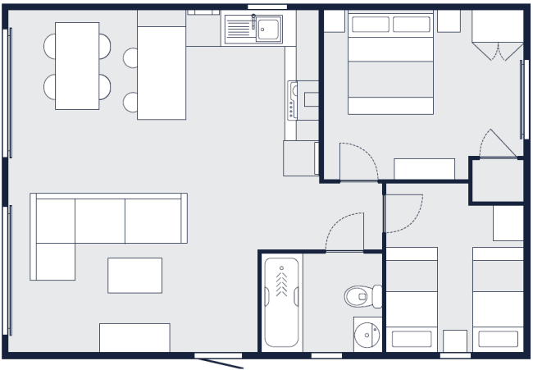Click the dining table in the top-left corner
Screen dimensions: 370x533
coord(77,66)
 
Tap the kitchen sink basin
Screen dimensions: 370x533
coord(268,31)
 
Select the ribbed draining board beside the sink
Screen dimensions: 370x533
coord(239,30)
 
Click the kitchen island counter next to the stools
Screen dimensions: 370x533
coord(162,72)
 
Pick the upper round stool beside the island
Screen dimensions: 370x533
coord(130,57)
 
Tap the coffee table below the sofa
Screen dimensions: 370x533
coord(134,275)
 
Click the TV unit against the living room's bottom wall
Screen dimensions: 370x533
coord(134,337)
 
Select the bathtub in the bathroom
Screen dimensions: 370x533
coord(281,302)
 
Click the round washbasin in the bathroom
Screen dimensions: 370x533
coord(367,334)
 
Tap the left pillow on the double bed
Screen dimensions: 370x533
coord(370,25)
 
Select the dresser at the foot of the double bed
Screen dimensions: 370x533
coord(424,168)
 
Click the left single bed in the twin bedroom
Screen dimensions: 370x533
coord(411,299)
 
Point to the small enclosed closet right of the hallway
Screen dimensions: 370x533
coord(497,180)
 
